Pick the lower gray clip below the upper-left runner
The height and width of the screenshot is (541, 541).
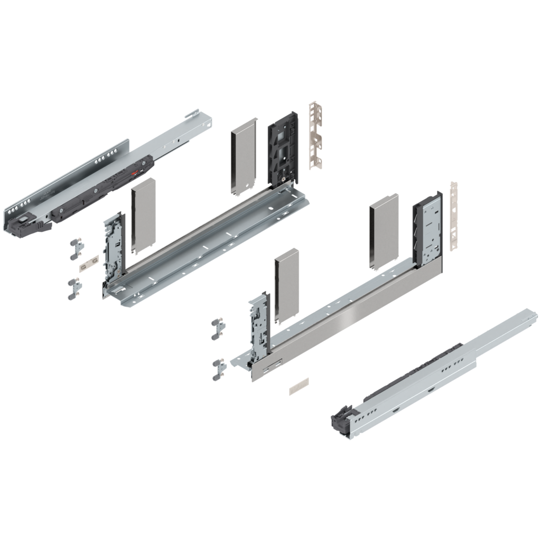click(74, 288)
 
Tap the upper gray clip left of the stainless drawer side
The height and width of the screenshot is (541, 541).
click(218, 329)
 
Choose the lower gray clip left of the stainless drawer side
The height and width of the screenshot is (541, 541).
click(218, 368)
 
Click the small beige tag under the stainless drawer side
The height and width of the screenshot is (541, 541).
click(299, 386)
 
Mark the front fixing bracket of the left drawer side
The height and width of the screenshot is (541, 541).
click(113, 248)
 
